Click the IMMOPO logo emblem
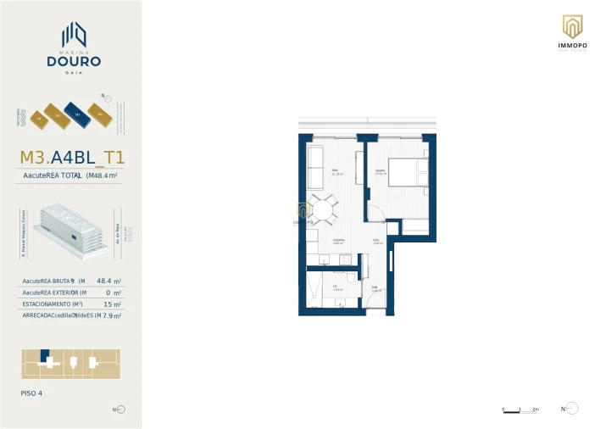[x=572, y=26]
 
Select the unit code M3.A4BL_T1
[x=71, y=157]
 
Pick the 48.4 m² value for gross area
[x=108, y=281]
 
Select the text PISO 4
[x=31, y=393]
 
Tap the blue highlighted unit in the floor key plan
[x=46, y=355]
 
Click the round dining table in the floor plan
[x=323, y=209]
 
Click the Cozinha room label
[x=337, y=240]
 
